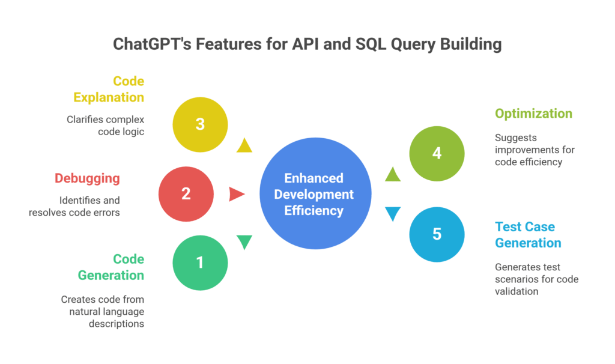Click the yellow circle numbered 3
point(200,124)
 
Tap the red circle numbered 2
point(186,193)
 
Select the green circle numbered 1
point(200,262)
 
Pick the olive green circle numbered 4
point(437,153)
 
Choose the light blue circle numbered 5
point(437,234)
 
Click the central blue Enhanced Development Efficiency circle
point(315,193)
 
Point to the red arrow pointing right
point(237,193)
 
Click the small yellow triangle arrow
point(244,146)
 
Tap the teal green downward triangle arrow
point(244,241)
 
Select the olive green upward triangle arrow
point(393,174)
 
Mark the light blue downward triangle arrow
point(393,213)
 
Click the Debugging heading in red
point(87,178)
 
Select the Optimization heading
point(533,114)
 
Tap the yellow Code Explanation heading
point(109,89)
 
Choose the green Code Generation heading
point(111,267)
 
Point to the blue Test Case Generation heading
point(528,235)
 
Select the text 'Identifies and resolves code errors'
point(74,206)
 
